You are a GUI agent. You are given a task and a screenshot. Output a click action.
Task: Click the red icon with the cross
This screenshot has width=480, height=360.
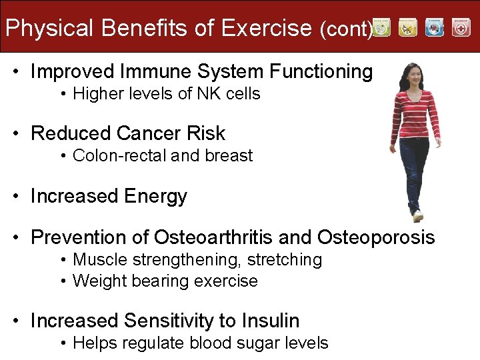tap(461, 27)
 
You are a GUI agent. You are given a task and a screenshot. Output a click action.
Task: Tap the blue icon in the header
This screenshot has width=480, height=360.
tap(434, 27)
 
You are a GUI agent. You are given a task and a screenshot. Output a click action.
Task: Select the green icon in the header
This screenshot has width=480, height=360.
tap(381, 27)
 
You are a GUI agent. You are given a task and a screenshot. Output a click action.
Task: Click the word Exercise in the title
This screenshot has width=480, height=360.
tap(266, 28)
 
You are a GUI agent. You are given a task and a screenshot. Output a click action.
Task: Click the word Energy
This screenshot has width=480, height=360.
tap(155, 197)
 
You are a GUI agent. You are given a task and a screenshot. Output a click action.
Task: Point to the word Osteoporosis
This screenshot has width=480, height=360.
tap(376, 237)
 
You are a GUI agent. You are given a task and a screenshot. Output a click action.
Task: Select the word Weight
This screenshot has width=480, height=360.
tap(97, 281)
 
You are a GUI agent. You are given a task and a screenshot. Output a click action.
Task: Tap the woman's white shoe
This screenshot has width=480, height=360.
tap(418, 216)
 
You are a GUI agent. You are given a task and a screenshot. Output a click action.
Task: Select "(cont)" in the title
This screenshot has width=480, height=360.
tap(345, 29)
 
